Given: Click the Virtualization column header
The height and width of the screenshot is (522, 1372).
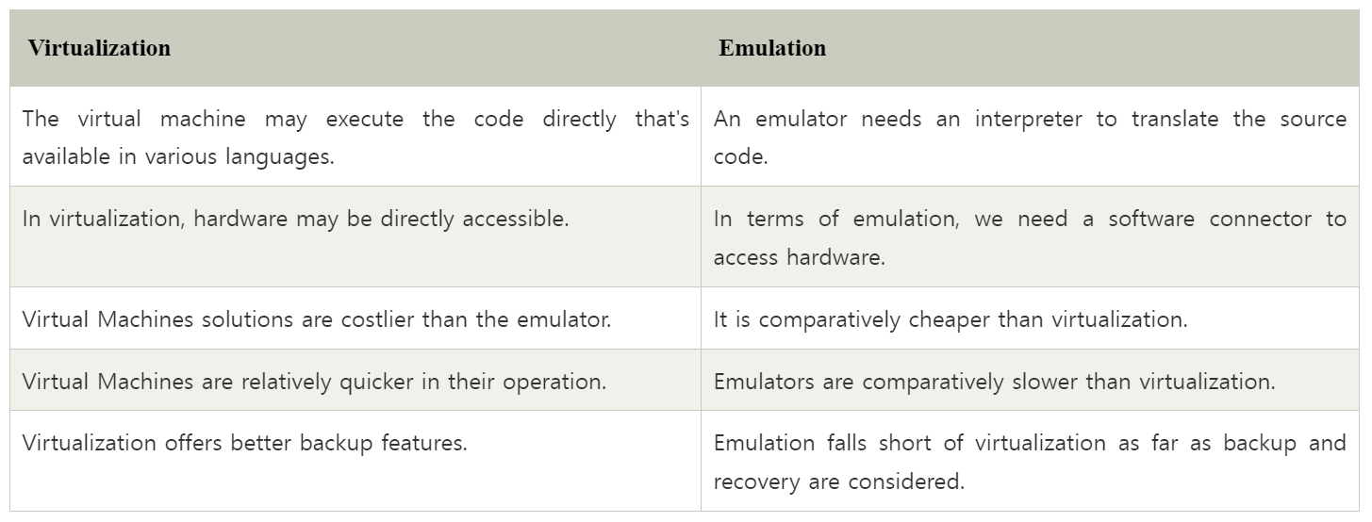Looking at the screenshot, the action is point(99,48).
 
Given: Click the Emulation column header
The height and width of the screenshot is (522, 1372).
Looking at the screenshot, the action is point(771,48).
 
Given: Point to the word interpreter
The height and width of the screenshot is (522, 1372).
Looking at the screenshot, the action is point(1029,120).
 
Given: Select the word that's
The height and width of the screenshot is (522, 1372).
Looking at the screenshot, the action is point(662,118).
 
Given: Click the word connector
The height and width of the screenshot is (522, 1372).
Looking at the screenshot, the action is point(1261,220).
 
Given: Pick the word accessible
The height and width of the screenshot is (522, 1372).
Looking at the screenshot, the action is point(516,219).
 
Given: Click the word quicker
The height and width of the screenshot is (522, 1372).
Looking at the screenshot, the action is point(376,382).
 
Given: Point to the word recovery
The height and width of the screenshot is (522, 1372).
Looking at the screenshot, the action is point(757,482).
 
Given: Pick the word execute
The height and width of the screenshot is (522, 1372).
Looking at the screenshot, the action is point(364,119).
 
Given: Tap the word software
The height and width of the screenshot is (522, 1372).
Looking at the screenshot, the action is point(1151,219).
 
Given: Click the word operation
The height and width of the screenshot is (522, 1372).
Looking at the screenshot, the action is point(554,383).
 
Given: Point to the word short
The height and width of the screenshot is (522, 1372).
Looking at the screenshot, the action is point(903,443).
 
